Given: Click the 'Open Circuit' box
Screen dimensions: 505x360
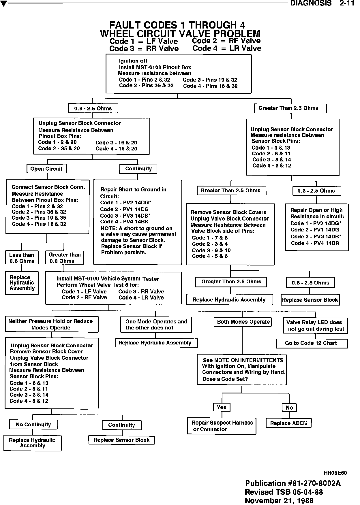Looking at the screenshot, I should tap(46, 169).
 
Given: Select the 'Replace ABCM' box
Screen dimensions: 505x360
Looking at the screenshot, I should tap(288, 423).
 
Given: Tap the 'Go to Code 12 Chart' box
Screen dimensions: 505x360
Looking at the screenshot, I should tap(312, 343).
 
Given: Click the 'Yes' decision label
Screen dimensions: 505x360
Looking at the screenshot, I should tap(222, 407).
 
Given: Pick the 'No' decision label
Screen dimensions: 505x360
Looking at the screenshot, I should tap(289, 408).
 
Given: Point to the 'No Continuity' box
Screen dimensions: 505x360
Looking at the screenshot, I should tap(33, 425).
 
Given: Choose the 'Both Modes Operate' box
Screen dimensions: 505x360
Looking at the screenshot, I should tap(243, 322).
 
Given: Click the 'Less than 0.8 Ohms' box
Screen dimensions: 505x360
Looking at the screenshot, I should tap(22, 258).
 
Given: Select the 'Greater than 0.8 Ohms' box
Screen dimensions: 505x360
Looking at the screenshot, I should tap(64, 258).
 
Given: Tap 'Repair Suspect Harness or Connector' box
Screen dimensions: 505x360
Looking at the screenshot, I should tap(222, 426).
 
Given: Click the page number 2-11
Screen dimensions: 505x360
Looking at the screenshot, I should tap(347, 3).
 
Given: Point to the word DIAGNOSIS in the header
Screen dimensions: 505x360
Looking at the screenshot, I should tap(311, 3).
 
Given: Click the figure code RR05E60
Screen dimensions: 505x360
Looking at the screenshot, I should tap(335, 473).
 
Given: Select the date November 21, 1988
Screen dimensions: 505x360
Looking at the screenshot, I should tap(279, 500).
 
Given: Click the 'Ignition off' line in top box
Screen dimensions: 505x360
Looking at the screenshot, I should tap(133, 61).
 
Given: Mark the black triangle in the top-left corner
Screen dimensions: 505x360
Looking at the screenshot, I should tap(3, 4).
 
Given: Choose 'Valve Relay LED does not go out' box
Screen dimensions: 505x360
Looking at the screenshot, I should tap(316, 325).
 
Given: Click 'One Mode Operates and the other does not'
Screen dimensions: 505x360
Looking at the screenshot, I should tap(156, 325).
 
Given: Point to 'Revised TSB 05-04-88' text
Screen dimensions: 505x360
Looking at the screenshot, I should tap(284, 492).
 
